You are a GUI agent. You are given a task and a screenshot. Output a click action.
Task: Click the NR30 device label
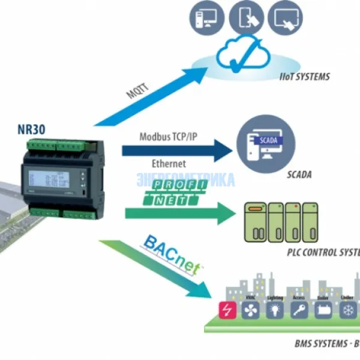[31, 129]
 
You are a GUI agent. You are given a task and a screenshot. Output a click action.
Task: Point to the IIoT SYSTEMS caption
[305, 77]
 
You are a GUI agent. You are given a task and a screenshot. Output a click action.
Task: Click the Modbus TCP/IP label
[168, 137]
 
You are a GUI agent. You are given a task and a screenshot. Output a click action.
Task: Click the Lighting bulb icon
[275, 310]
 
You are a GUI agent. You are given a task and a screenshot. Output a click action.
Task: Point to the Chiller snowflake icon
[348, 310]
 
